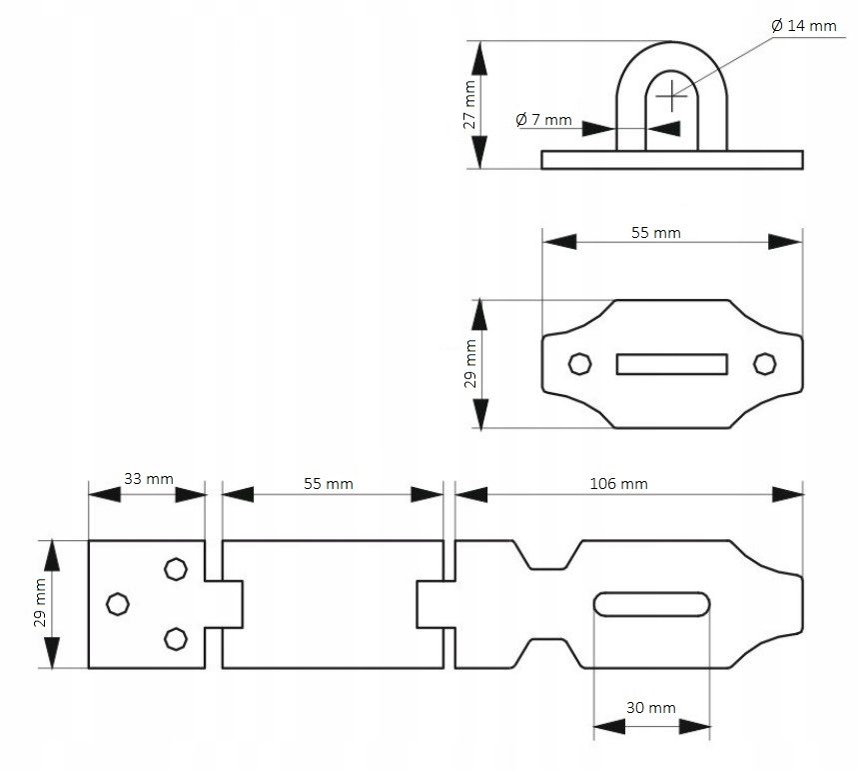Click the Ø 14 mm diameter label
tap(804, 26)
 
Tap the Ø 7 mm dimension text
tap(544, 120)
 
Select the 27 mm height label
tap(469, 106)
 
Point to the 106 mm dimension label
tap(619, 484)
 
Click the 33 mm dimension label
tap(148, 478)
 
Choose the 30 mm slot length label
tap(651, 707)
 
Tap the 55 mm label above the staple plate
tap(656, 233)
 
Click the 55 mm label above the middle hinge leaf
tap(329, 484)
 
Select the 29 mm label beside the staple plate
tap(469, 364)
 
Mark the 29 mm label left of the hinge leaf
tap(40, 604)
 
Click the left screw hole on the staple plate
tap(578, 363)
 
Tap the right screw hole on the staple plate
tap(764, 363)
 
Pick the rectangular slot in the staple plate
tap(670, 364)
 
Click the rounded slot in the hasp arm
tap(651, 604)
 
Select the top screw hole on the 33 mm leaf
tap(176, 568)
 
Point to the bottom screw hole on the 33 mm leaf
tap(176, 638)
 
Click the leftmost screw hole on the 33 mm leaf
tap(118, 603)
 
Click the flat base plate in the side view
tap(672, 160)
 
